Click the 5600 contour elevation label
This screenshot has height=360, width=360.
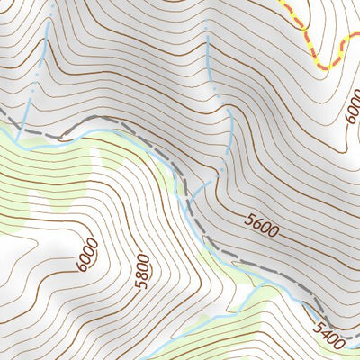coord(262,224)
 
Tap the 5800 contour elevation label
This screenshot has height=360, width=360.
coord(141,272)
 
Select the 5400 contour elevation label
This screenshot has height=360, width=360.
coord(329,340)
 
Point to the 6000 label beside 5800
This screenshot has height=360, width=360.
coord(87,256)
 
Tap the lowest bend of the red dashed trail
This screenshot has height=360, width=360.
coord(326,67)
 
